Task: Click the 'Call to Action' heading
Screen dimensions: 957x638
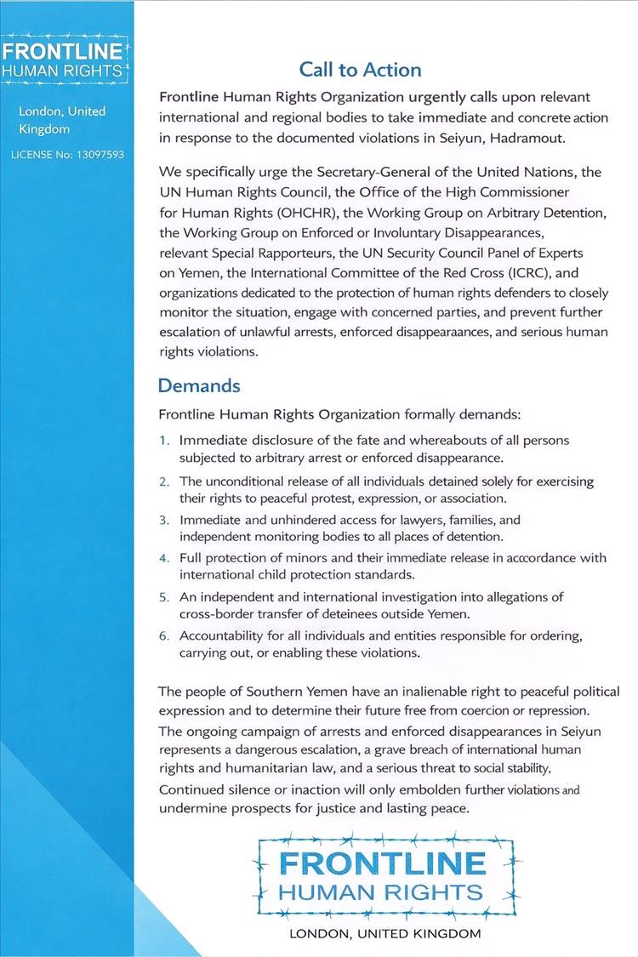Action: (360, 69)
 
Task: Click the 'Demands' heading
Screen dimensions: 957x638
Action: (199, 385)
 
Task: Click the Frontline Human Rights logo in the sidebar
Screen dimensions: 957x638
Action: (64, 59)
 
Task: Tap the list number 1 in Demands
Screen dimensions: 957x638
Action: (164, 441)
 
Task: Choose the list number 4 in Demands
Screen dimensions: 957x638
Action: (164, 558)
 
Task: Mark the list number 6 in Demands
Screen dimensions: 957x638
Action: (164, 636)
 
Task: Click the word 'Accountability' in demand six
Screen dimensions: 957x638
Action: (222, 636)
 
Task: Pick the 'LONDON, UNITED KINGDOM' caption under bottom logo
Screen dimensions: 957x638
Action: (385, 934)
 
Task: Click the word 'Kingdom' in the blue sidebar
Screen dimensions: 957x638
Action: (44, 130)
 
